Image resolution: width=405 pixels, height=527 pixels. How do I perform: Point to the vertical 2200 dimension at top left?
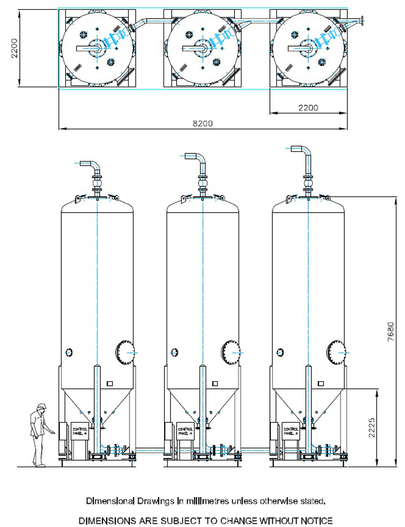click(x=15, y=49)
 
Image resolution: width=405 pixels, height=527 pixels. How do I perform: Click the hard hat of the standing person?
click(x=42, y=406)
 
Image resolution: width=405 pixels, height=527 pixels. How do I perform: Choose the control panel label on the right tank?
click(x=291, y=431)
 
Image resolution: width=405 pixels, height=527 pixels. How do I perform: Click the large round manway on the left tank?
click(x=124, y=351)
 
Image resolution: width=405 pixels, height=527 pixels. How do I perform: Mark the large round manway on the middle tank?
click(x=229, y=351)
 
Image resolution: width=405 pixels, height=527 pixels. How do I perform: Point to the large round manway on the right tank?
click(x=335, y=351)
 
